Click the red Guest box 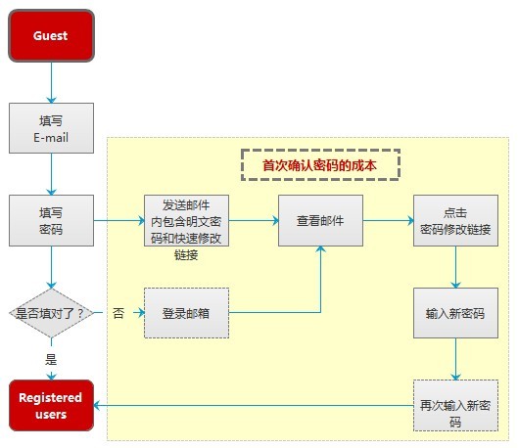(x=51, y=35)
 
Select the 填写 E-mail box (x=51, y=128)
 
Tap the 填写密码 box (x=51, y=220)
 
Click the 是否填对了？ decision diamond (x=51, y=313)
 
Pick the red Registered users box (x=51, y=405)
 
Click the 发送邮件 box (x=186, y=220)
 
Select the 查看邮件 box (x=320, y=220)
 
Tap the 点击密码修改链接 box (x=455, y=220)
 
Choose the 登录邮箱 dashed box (x=186, y=313)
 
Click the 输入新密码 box (x=455, y=313)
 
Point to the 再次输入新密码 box (x=455, y=405)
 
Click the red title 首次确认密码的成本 (x=319, y=165)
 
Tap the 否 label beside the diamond (x=118, y=313)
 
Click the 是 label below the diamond (x=51, y=359)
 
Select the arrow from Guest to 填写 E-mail (x=51, y=82)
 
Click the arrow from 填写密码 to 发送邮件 (x=119, y=220)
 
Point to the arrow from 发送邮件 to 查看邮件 (x=254, y=220)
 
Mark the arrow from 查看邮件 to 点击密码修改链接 (x=388, y=220)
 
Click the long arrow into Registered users (x=254, y=405)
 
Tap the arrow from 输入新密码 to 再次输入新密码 (x=455, y=359)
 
